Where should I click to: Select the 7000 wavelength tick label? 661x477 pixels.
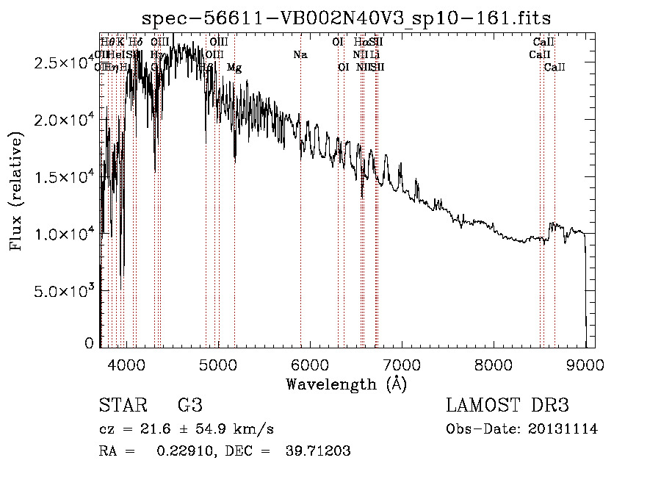coord(402,364)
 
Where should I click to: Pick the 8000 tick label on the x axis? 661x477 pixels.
coord(494,364)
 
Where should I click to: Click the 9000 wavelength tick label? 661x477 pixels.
coord(585,364)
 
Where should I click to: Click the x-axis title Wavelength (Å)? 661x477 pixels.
coord(347,384)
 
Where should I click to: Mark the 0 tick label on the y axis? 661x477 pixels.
coord(90,343)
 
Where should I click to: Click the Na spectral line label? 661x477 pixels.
coord(300,54)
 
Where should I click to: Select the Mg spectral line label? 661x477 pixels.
coord(234,68)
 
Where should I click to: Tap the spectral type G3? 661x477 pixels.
coord(190,406)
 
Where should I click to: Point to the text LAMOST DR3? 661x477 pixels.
coord(508,406)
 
